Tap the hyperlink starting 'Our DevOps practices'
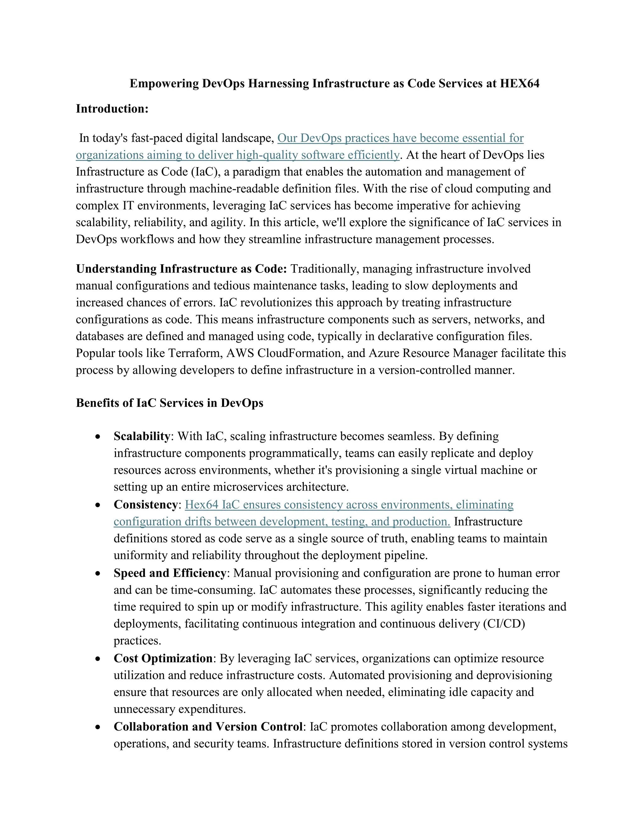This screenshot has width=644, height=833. [400, 138]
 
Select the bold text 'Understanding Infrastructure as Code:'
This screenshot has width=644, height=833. [181, 269]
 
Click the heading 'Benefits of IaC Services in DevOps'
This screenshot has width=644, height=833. [169, 403]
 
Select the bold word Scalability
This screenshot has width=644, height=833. [142, 436]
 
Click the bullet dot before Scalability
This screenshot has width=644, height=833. [98, 437]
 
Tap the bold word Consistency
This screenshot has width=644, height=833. [146, 505]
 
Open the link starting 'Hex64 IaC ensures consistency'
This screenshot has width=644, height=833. [349, 505]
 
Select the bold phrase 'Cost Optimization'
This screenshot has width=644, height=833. [163, 658]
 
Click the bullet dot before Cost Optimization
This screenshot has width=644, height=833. [98, 659]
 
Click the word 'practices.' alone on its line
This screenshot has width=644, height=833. [137, 641]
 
